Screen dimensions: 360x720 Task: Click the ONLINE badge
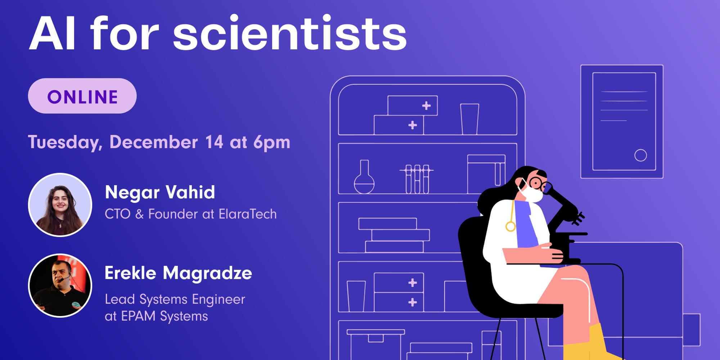[82, 96]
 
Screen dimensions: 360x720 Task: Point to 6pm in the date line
[271, 142]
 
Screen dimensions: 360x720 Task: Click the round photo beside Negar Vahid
[60, 205]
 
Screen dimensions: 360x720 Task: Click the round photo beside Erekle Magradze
[60, 285]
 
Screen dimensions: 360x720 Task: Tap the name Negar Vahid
[160, 192]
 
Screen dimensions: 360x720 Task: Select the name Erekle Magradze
[178, 273]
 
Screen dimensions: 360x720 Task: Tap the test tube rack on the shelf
[417, 179]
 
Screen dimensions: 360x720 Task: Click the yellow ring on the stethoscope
[510, 226]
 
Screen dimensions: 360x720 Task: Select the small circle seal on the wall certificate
[640, 156]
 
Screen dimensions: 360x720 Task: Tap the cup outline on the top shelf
[469, 119]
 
